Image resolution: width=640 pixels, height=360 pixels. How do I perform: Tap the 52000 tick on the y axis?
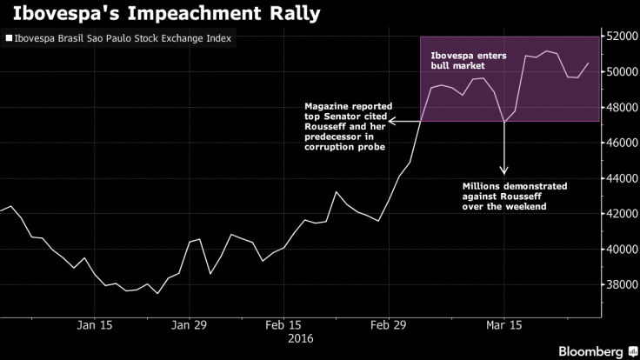620,36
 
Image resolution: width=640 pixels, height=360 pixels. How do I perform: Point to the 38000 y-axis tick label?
620,284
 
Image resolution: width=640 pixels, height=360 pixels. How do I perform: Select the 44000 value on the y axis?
620,177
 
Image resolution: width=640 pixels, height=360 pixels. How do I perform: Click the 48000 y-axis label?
620,107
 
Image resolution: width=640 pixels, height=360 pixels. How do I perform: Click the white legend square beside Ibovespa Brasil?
9,39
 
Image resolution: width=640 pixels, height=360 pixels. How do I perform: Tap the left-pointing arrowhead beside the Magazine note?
392,121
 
